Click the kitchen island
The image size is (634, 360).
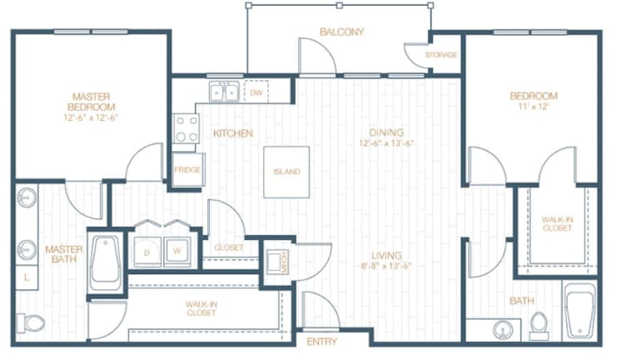coord(286,172)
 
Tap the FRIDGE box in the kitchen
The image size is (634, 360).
coord(187,169)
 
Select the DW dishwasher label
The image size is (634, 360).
coord(257,92)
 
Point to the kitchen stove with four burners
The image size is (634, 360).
coord(186,128)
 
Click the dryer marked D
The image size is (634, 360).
coord(147,249)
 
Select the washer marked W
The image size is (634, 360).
coord(177,249)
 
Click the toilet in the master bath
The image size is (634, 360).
coord(32,322)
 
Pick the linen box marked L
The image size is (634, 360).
coord(27,276)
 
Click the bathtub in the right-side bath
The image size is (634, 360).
coord(580,312)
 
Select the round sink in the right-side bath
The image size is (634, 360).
coord(502,331)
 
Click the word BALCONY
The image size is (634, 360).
coord(342,32)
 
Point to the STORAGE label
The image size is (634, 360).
coord(440,55)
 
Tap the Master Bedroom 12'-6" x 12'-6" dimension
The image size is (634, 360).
coord(92,118)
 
